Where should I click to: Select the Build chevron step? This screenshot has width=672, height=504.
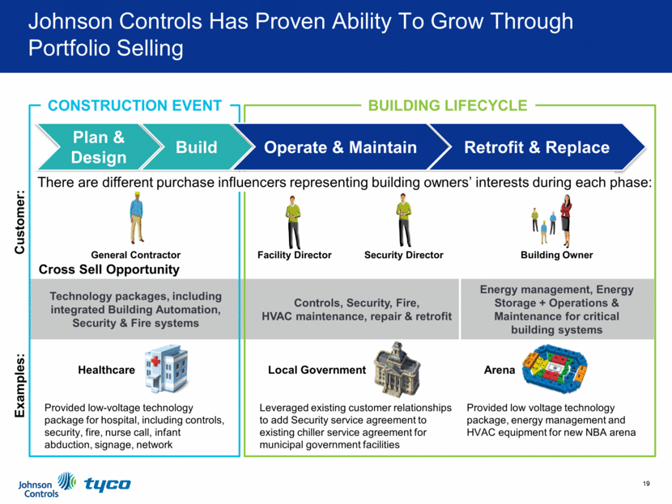(197, 147)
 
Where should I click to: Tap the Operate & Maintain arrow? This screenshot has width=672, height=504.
(341, 147)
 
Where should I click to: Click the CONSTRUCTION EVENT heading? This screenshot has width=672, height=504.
(134, 106)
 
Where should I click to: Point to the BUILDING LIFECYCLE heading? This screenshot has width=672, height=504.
(448, 106)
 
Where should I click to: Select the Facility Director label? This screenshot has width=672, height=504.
(294, 255)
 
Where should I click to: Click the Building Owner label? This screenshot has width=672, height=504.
(557, 255)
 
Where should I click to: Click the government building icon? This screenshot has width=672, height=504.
(397, 366)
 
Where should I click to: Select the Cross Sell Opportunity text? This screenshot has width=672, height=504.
(109, 269)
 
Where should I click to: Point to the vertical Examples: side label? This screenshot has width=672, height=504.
(22, 386)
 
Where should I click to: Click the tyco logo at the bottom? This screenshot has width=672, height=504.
(107, 485)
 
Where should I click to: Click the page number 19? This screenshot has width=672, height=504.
(646, 484)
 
